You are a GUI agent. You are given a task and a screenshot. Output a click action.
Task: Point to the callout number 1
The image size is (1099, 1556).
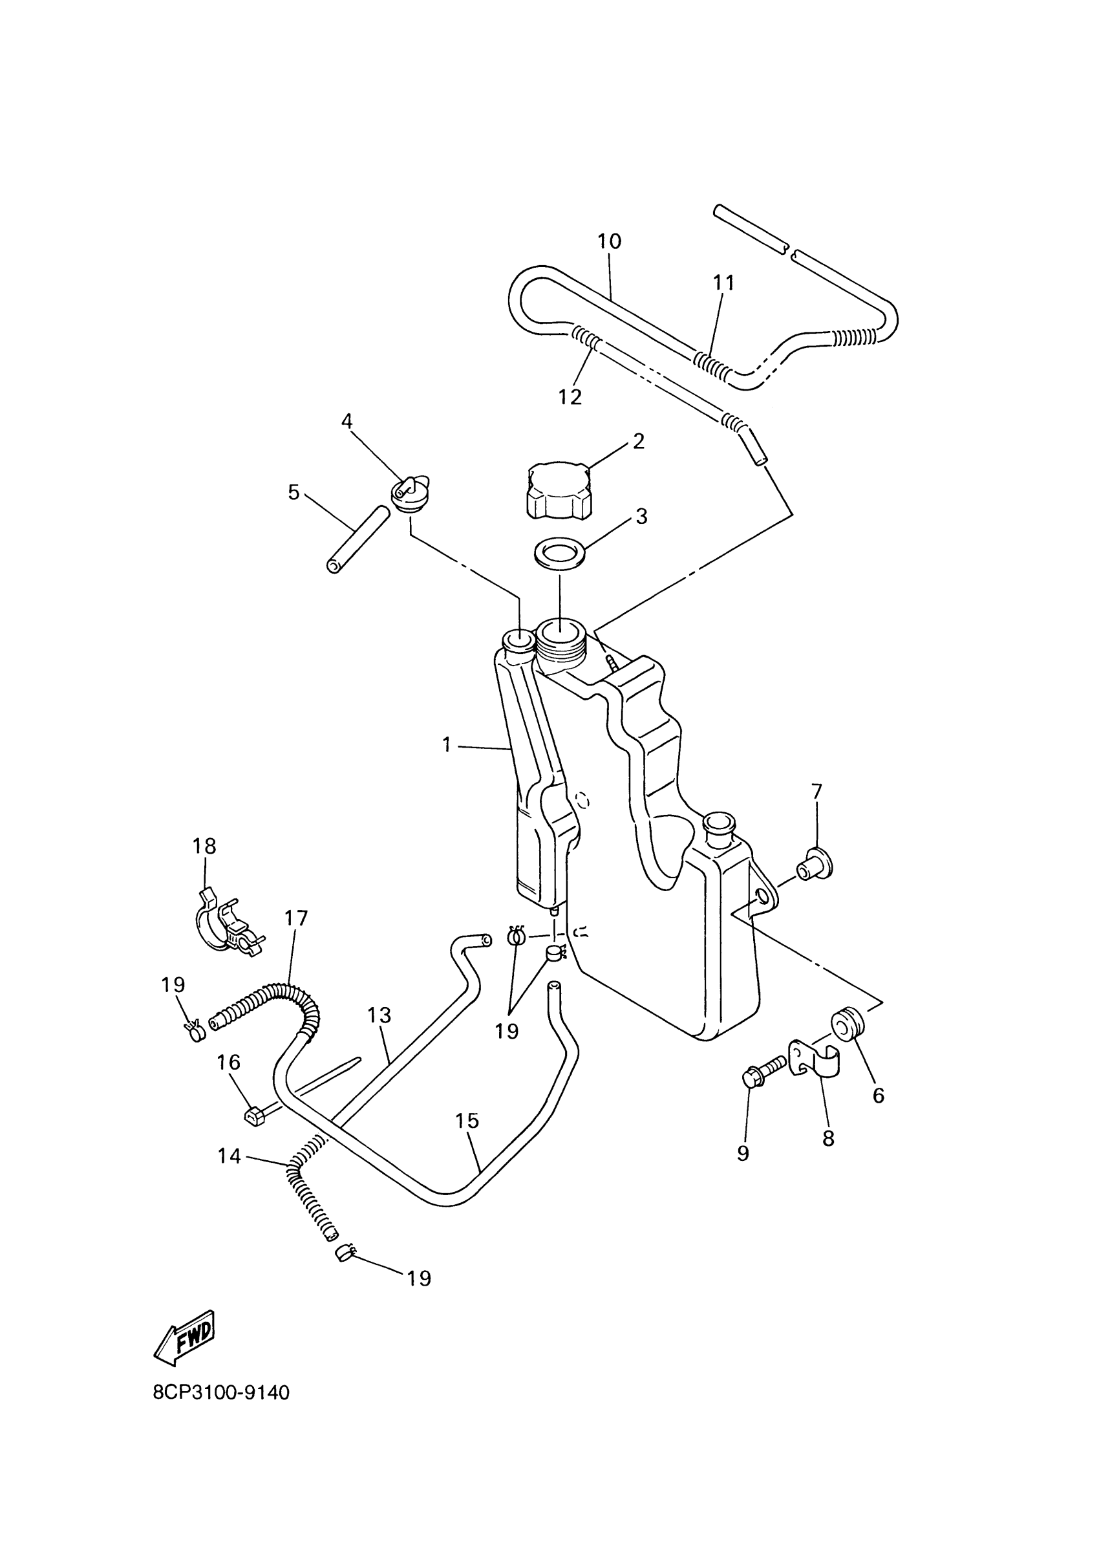[x=446, y=745]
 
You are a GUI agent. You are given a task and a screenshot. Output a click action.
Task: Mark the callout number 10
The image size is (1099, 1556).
[x=609, y=241]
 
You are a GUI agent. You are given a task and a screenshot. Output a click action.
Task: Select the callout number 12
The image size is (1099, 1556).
[x=570, y=396]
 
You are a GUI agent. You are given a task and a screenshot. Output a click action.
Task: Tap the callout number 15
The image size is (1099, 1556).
[x=467, y=1121]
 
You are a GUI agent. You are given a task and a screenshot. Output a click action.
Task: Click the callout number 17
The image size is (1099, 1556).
[x=296, y=918]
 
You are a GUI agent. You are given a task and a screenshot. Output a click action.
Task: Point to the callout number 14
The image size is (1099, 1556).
[x=229, y=1156]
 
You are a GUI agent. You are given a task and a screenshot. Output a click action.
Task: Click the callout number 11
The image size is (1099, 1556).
[x=723, y=283]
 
